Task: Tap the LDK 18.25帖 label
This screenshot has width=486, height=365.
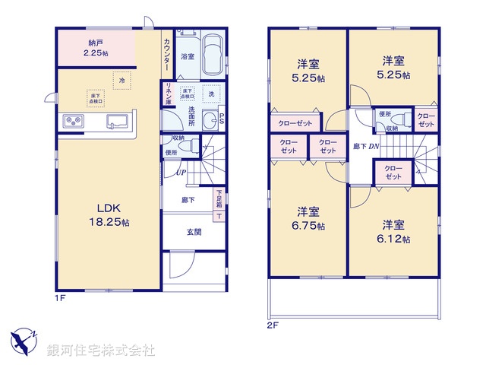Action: pyautogui.click(x=112, y=214)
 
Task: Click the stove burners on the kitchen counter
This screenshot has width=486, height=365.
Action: pyautogui.click(x=73, y=121)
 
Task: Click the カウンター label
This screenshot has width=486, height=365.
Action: pyautogui.click(x=167, y=53)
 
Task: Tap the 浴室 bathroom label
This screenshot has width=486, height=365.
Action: pyautogui.click(x=186, y=56)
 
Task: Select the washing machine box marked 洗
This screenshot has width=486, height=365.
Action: pyautogui.click(x=210, y=93)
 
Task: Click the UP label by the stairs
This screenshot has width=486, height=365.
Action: pyautogui.click(x=181, y=173)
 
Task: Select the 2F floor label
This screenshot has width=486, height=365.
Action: pyautogui.click(x=273, y=325)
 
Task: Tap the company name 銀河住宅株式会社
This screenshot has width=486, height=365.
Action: pyautogui.click(x=101, y=351)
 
